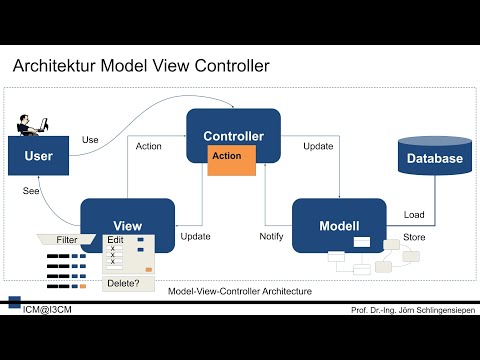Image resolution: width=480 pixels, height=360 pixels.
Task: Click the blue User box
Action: click(x=38, y=156)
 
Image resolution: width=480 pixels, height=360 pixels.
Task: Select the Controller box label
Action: click(x=233, y=136)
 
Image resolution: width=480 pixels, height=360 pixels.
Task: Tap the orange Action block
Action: click(x=227, y=157)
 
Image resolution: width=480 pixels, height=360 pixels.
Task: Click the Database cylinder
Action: click(x=433, y=159)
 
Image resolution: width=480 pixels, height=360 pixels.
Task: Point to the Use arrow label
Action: click(x=90, y=139)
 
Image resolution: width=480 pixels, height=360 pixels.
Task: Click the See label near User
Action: click(x=31, y=191)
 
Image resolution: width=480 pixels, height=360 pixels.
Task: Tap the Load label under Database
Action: click(x=413, y=215)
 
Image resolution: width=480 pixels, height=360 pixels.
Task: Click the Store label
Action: click(x=414, y=237)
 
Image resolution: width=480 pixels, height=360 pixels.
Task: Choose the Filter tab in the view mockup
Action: click(x=66, y=240)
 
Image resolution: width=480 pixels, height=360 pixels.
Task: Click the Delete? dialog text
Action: click(x=123, y=283)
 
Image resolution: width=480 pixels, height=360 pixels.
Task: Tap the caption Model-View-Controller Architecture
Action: click(x=241, y=291)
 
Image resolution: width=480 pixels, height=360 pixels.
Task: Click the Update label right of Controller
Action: click(x=318, y=146)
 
